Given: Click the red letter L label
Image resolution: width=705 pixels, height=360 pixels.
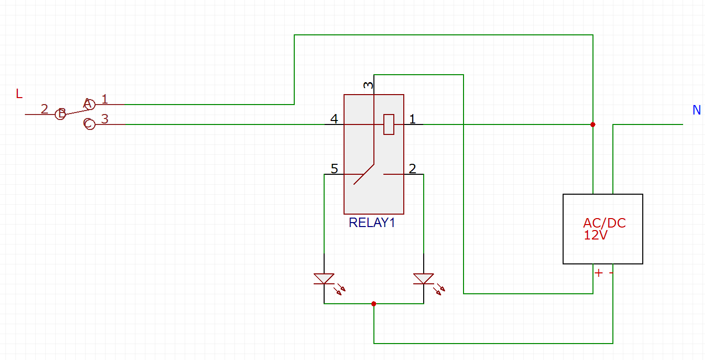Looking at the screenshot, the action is [x=19, y=94].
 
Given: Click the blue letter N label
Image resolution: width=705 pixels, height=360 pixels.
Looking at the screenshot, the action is [x=697, y=110].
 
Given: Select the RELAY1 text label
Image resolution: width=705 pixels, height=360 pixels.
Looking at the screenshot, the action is [x=372, y=223].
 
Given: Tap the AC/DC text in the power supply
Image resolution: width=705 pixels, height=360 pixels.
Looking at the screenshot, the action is [x=604, y=223].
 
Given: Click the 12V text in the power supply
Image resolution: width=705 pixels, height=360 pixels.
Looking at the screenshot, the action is [x=595, y=235].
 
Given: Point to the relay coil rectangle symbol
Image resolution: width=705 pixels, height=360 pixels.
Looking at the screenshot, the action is [x=389, y=124].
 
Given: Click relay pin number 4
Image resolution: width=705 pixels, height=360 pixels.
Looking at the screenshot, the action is [x=334, y=119].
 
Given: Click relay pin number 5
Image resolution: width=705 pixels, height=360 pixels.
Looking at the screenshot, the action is [x=334, y=169].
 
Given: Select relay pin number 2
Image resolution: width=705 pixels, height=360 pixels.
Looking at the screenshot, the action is [x=412, y=169].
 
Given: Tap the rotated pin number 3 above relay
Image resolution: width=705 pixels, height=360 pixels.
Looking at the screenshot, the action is [x=368, y=85].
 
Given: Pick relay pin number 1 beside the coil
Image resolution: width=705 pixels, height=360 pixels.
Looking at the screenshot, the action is [x=412, y=119].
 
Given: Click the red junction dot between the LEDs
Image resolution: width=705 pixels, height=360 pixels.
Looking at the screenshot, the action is [x=373, y=304].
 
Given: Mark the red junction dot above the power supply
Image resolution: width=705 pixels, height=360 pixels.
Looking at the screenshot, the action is [x=592, y=124].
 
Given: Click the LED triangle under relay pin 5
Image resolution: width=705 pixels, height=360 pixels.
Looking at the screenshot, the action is [x=324, y=279].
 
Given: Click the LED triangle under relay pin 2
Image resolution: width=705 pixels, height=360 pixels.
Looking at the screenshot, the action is [x=423, y=279].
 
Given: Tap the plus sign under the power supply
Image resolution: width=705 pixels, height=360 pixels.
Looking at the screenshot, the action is [x=598, y=273].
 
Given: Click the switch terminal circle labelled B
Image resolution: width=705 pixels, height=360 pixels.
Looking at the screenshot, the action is [x=60, y=114].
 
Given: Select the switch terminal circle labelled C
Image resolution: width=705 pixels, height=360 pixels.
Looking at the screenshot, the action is [x=90, y=124].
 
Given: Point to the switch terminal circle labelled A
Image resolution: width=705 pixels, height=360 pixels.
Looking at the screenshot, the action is [x=90, y=104].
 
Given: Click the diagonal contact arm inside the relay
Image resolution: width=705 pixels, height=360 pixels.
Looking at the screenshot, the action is [x=364, y=174].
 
